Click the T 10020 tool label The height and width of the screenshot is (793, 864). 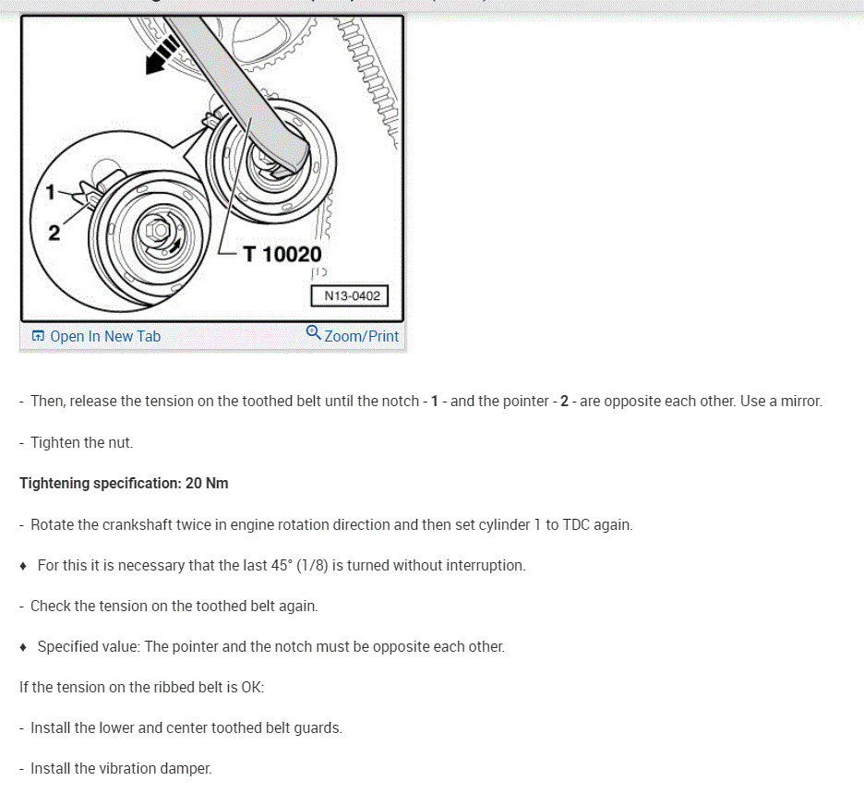click(x=282, y=254)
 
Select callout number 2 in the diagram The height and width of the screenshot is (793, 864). click(x=54, y=233)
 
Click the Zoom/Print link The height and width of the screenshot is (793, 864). click(x=361, y=336)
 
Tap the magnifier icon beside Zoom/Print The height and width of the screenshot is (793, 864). click(x=313, y=333)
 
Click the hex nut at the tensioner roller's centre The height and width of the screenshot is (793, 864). click(x=152, y=226)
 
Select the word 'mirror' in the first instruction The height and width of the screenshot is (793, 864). click(x=798, y=402)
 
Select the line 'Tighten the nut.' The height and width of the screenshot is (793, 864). click(x=81, y=442)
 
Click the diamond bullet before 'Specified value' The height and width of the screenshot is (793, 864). click(x=24, y=646)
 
